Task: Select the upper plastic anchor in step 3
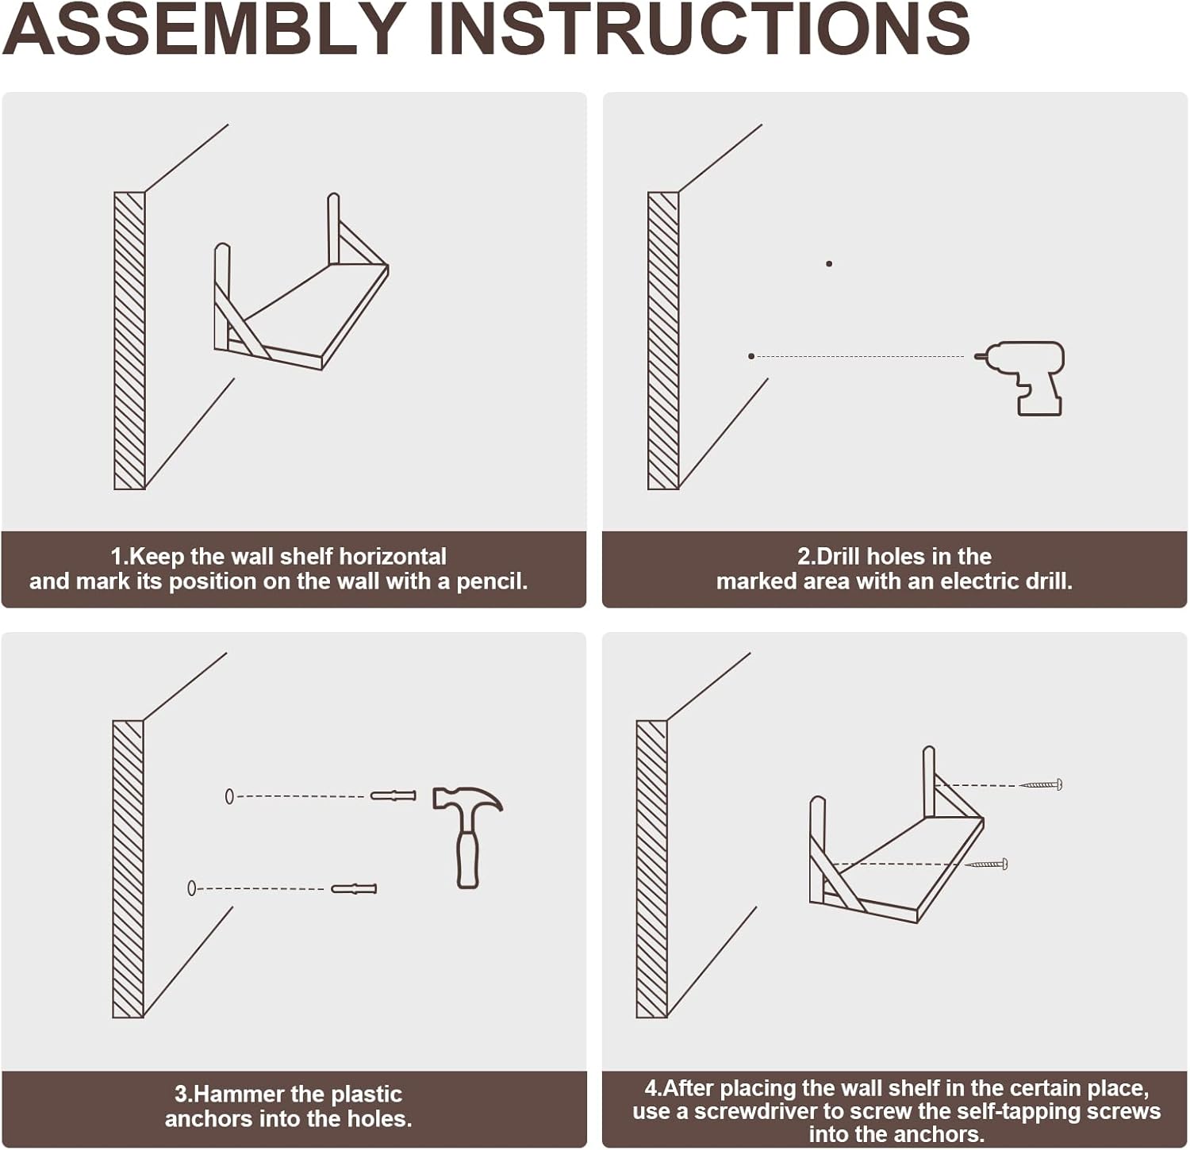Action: (x=393, y=795)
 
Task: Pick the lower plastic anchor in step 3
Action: (x=354, y=888)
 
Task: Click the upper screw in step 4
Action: (x=1041, y=784)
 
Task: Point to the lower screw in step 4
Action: (x=986, y=864)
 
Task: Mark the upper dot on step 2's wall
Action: (x=829, y=263)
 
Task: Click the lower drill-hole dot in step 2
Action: (x=751, y=356)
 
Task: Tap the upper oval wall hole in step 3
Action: (x=229, y=795)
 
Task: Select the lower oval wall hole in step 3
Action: (x=191, y=888)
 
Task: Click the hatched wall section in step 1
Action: (x=129, y=340)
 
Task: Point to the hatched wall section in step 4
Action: (x=652, y=869)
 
